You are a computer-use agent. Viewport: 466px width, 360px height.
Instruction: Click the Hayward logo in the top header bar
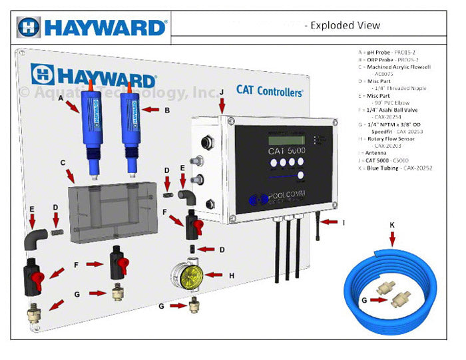92,27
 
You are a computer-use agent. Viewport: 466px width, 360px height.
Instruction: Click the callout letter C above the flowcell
63,162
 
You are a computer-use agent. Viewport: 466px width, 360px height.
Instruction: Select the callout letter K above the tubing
392,226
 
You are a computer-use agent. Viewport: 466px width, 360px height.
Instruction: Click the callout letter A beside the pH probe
61,96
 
